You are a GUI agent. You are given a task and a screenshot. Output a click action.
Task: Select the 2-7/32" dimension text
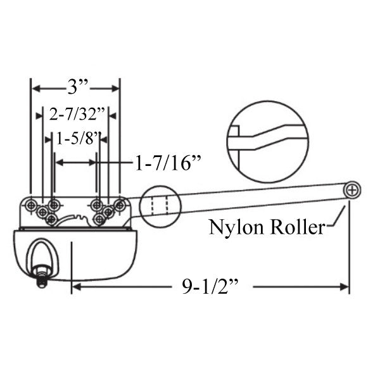(75, 114)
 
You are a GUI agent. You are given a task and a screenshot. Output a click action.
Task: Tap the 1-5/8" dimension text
(77, 138)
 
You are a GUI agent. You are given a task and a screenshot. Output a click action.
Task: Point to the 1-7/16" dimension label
(168, 163)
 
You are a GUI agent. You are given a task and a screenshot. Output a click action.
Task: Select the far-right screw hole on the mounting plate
(120, 204)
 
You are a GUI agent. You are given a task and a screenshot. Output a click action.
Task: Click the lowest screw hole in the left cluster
(51, 218)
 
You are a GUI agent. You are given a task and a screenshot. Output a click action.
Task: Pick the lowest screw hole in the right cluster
(99, 218)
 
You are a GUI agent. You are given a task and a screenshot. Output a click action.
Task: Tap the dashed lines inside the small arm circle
(158, 205)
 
